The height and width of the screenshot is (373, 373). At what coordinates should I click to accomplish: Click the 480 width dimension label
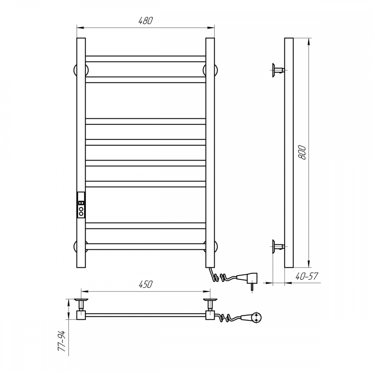[x=145, y=21]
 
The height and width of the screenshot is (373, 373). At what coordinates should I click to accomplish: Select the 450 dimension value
[x=145, y=285]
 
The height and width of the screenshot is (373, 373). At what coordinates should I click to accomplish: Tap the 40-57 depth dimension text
[x=307, y=276]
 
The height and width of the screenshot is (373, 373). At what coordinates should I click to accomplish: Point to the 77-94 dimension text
[x=62, y=341]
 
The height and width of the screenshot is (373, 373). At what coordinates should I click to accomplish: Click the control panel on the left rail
[x=81, y=205]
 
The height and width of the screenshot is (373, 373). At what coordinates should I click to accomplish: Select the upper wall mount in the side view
[x=278, y=70]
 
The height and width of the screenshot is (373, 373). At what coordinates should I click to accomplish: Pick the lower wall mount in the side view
[x=278, y=247]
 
